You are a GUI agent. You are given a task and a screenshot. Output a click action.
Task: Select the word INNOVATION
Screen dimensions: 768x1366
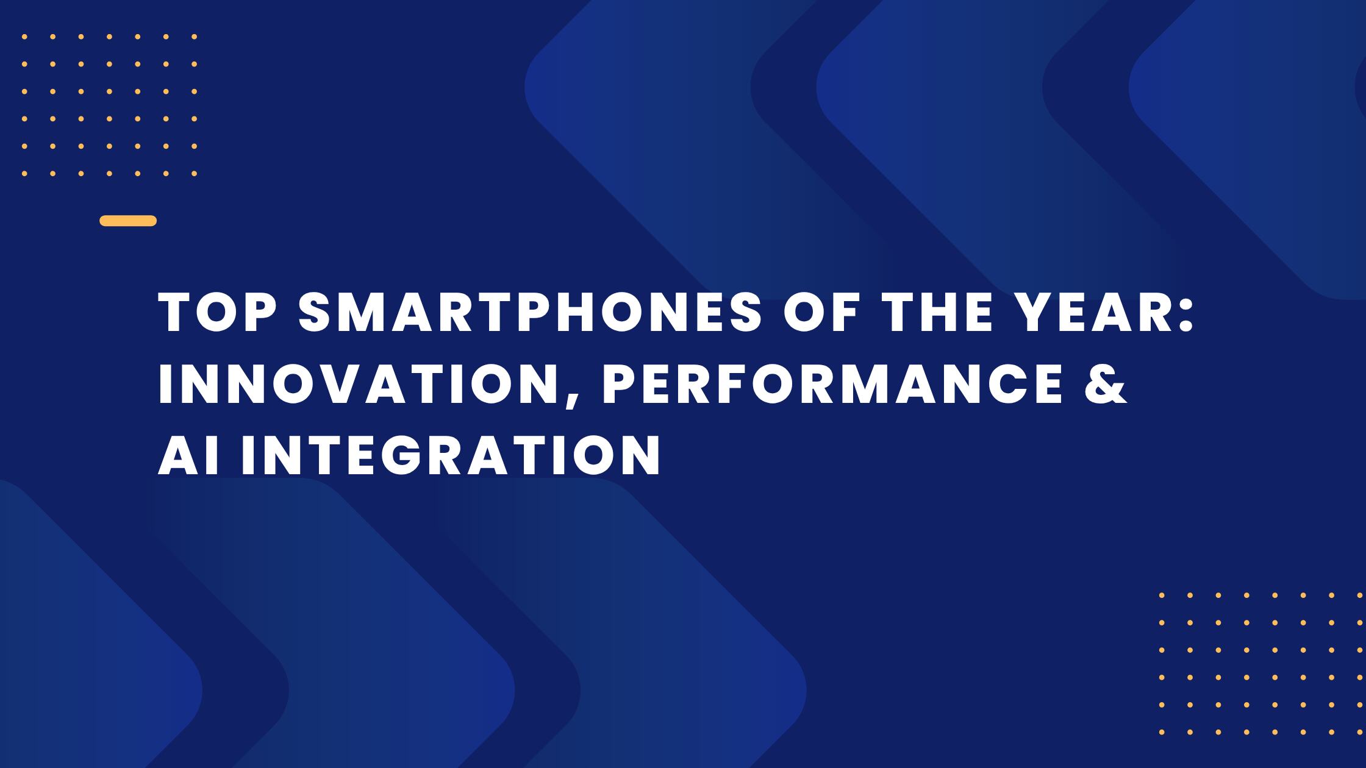[360, 385]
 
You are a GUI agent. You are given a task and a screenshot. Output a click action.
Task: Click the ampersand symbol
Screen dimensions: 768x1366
[1106, 385]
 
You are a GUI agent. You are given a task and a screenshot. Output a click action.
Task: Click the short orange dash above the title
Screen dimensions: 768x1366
[128, 221]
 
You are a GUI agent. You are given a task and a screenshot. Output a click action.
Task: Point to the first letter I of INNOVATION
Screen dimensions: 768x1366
[164, 385]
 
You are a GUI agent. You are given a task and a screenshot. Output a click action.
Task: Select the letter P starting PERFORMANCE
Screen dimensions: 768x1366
[620, 385]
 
